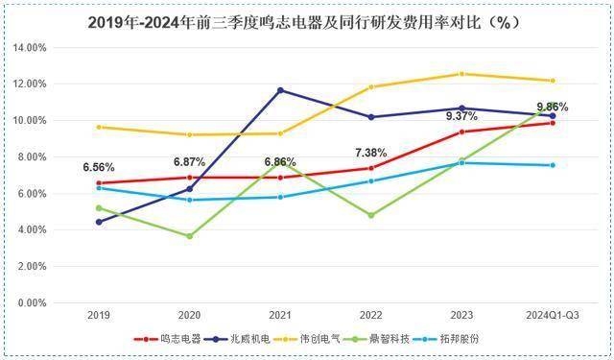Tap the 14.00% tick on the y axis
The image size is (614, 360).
29,47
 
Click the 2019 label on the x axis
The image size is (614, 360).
98,315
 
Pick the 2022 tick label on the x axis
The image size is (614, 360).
370,315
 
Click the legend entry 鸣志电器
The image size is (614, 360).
173,338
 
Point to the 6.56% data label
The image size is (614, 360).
99,165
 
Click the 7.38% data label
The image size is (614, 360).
371,152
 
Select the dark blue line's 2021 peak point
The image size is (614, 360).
280,90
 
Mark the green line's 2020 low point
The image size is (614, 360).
189,236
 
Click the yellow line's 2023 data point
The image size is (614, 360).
461,74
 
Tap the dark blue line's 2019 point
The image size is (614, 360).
99,222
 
